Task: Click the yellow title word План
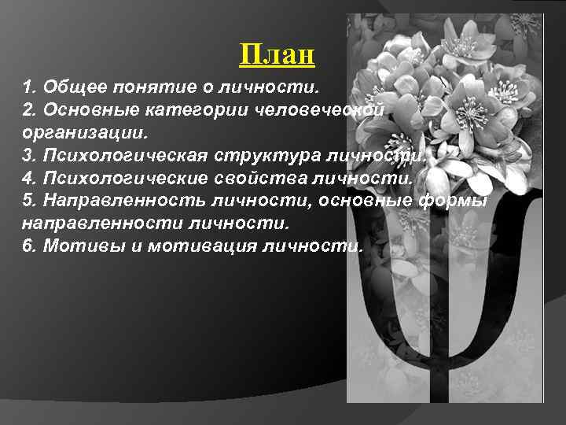point(277,55)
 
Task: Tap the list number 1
point(28,85)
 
